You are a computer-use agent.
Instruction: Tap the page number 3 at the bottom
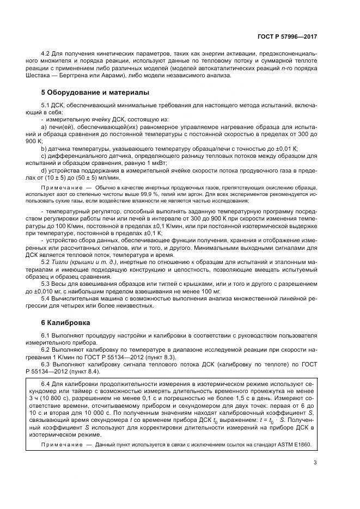315,463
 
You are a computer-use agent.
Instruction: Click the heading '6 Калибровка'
66,322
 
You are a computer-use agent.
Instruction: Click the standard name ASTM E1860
292,444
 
